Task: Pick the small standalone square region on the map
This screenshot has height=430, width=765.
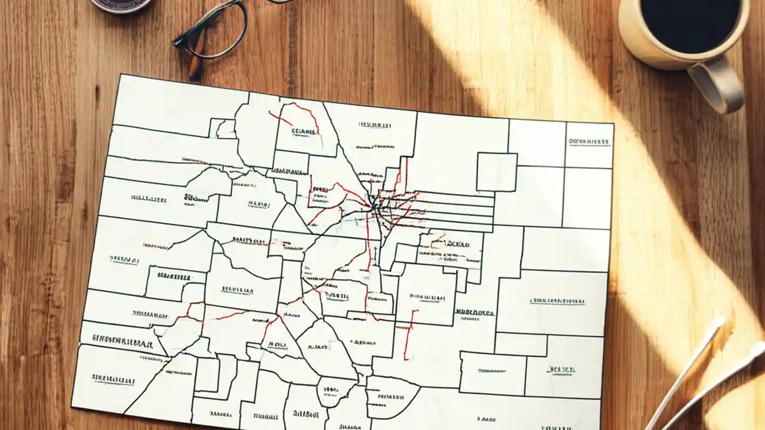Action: coord(497,172)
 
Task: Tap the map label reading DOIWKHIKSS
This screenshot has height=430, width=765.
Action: coord(589,142)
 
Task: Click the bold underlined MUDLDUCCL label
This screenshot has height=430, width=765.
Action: coord(475,312)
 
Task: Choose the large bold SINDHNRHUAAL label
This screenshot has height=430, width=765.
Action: coord(122,340)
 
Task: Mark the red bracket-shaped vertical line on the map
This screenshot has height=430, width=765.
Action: coord(409,334)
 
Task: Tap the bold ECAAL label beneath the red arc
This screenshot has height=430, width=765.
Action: coord(304,131)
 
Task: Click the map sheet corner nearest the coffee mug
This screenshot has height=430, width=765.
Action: coord(613,124)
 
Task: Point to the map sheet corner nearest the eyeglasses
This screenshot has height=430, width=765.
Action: coord(121,75)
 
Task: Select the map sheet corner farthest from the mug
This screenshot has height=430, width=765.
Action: coord(72,407)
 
